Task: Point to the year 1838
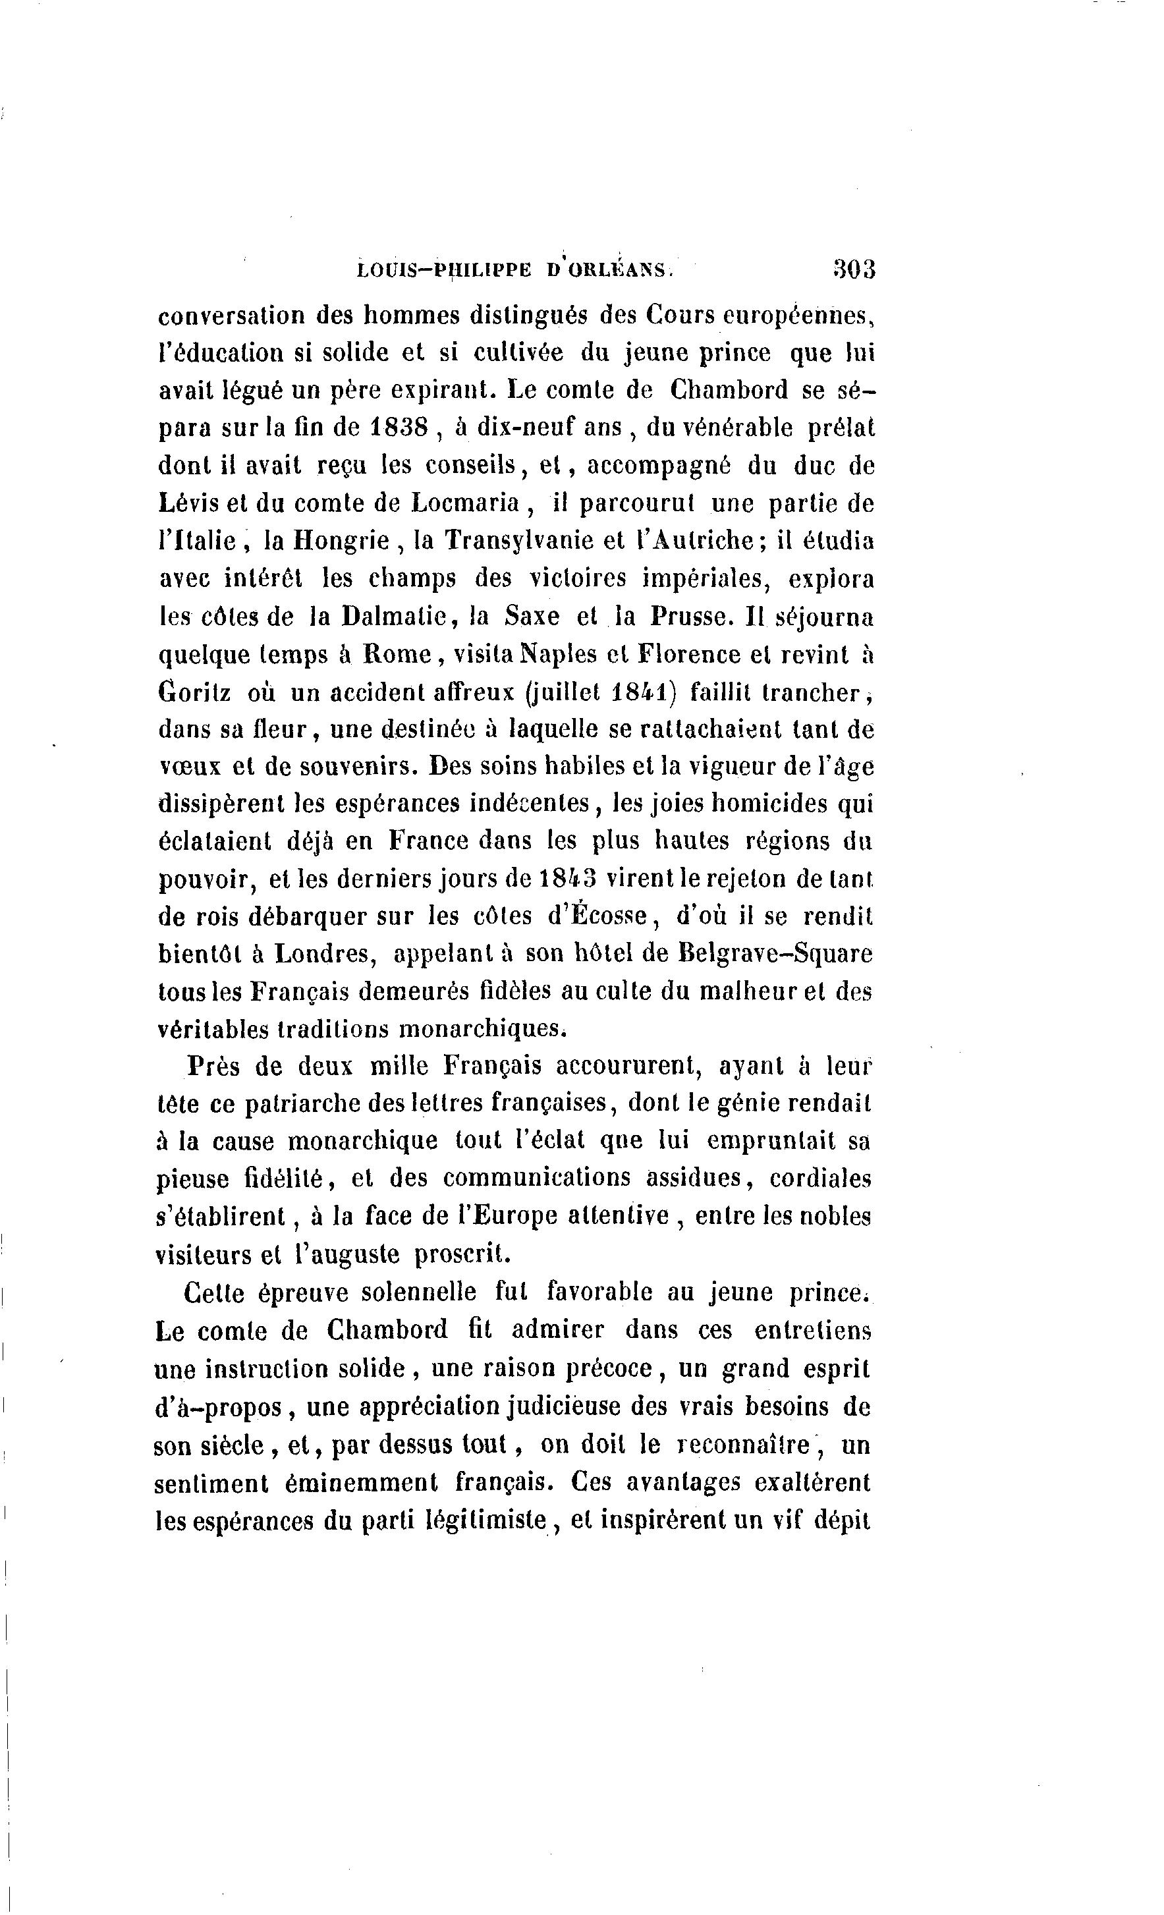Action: pos(399,428)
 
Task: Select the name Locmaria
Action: pos(464,504)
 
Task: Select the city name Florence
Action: pos(687,654)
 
